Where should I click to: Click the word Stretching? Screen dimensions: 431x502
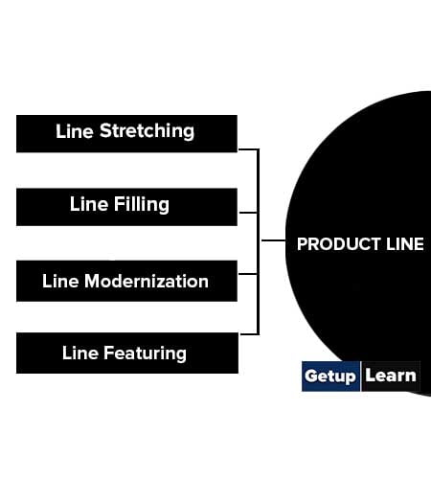point(147,131)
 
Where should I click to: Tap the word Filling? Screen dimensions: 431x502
point(142,205)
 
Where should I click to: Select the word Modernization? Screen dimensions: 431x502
point(147,281)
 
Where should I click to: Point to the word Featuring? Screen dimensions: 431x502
point(145,354)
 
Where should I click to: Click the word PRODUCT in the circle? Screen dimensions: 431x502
point(339,244)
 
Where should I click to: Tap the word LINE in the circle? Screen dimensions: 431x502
point(405,244)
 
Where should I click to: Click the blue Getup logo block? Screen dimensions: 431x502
point(330,376)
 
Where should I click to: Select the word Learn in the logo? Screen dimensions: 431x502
point(391,376)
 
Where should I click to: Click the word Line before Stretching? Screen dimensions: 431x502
point(75,131)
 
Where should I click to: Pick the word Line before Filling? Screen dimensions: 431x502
point(89,204)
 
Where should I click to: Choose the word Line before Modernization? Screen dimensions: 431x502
point(60,281)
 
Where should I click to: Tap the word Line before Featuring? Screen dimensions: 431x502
point(80,353)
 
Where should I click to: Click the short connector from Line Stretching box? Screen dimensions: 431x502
point(248,149)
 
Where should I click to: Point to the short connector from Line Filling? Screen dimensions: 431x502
point(248,213)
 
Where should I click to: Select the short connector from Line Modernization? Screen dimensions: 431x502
point(248,274)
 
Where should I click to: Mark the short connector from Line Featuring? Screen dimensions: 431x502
point(249,334)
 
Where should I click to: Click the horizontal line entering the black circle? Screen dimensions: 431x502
point(274,240)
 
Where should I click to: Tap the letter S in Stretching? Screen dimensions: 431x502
point(105,130)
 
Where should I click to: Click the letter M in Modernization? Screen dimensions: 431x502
point(92,281)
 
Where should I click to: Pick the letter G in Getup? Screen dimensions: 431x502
point(311,376)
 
